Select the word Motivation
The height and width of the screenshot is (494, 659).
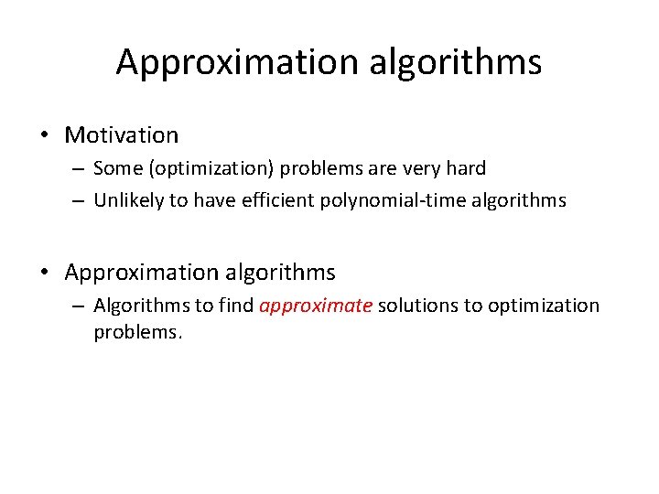[x=122, y=135]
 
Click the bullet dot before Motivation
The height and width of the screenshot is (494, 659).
[x=44, y=136]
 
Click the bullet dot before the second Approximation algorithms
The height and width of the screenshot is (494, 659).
[x=44, y=273]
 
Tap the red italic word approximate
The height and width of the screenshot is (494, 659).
[x=316, y=306]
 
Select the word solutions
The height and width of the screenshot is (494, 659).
[x=418, y=306]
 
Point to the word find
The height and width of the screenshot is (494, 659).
[x=235, y=306]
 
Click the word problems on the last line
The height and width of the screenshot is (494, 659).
[x=138, y=332]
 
